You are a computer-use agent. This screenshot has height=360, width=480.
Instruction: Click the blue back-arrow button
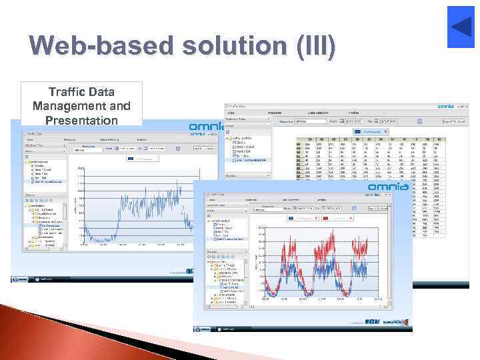[461, 27]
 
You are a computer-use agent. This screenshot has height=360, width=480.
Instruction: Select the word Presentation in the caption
[82, 120]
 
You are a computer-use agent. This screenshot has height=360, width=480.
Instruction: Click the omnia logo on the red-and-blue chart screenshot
[389, 187]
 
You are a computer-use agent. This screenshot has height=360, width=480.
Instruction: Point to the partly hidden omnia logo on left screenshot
[203, 127]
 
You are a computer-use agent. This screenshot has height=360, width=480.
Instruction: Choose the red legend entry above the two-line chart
[337, 217]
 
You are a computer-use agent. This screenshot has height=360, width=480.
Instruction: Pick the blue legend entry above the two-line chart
[303, 217]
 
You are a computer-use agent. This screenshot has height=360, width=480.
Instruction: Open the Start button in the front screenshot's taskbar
[199, 328]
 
